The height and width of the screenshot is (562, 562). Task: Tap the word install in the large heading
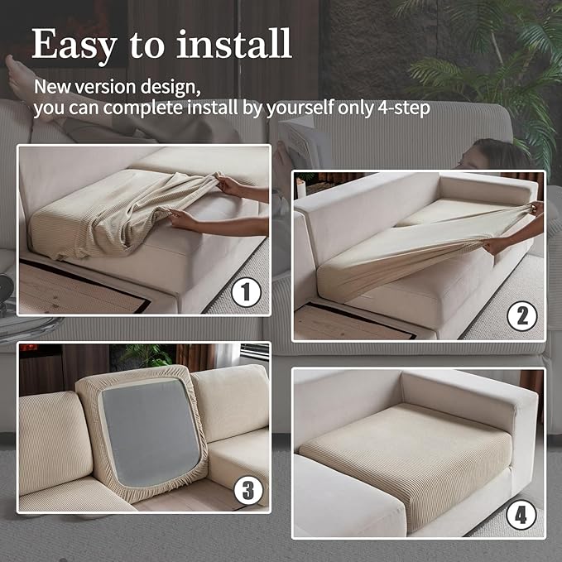[234, 43]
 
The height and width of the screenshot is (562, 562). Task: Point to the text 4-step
[404, 108]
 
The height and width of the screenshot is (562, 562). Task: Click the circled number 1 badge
[246, 292]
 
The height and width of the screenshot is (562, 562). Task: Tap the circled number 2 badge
[521, 316]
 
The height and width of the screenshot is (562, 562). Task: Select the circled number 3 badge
[248, 490]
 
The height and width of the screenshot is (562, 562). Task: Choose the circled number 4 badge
[521, 515]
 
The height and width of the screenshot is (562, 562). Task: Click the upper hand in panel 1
[228, 184]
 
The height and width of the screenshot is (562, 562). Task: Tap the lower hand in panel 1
[184, 219]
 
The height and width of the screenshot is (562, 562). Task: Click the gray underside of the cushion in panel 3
[151, 432]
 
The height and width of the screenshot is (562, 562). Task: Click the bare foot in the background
[21, 77]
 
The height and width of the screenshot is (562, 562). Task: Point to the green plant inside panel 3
[147, 355]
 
